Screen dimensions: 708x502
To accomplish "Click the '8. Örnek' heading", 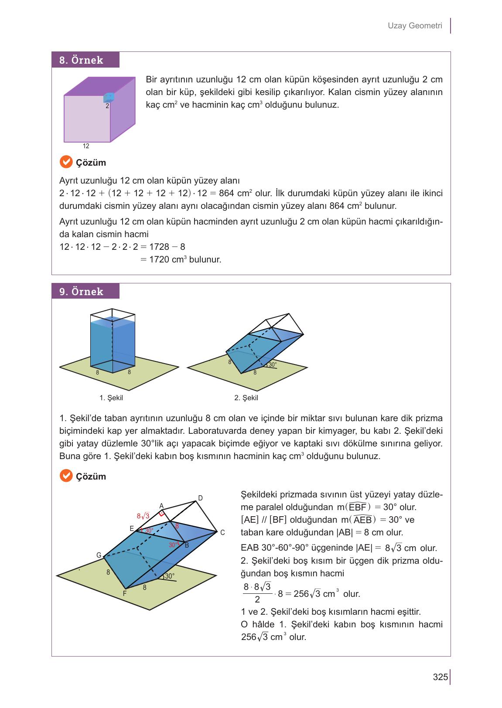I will coord(82,60).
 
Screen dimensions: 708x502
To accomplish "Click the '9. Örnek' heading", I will coord(82,292).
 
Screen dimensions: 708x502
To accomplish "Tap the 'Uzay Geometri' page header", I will coord(415,26).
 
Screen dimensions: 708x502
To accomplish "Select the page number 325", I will coord(440,677).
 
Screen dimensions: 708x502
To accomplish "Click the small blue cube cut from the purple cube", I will coord(109,97).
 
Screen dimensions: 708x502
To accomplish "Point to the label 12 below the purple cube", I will coord(86,146).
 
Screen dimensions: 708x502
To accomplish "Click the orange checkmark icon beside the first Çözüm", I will coord(66,162).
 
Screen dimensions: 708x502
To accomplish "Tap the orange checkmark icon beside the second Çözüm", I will coord(66,476).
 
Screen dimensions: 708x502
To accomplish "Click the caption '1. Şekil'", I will coord(111,398).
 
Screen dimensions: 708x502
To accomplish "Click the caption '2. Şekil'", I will coord(246,398).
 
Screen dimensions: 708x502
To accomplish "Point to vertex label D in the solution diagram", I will coord(200,498).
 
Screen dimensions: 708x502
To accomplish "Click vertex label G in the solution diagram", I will coord(99,555).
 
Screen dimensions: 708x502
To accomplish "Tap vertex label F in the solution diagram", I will coord(124,593).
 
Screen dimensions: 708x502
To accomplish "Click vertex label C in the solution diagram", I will coord(222,532).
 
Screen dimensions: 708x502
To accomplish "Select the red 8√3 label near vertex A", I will coord(143,516).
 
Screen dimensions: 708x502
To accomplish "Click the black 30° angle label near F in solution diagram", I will coord(170,576).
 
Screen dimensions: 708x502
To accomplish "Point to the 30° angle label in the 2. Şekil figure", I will coord(272,364).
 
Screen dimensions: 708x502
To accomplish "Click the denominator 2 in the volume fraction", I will coord(257,600).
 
